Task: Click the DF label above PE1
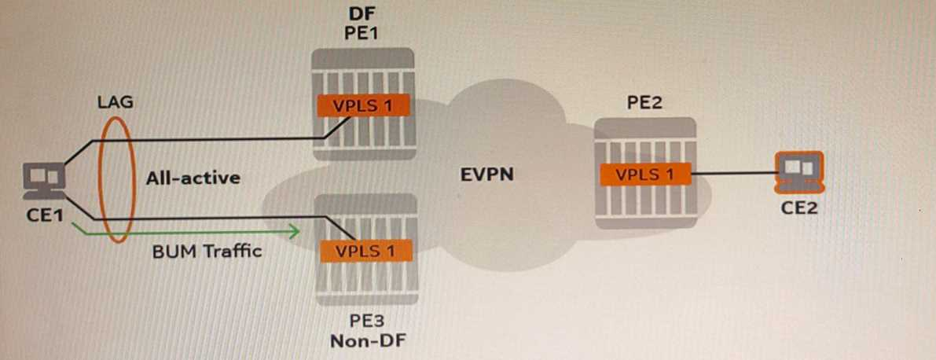click(362, 15)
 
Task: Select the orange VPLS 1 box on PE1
click(363, 106)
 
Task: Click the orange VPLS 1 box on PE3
click(363, 252)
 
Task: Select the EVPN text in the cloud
click(487, 174)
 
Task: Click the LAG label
click(116, 102)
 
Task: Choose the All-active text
click(193, 178)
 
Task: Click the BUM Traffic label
click(207, 252)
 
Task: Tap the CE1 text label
click(44, 215)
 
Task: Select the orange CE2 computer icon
click(798, 172)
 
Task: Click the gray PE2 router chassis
click(645, 204)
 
